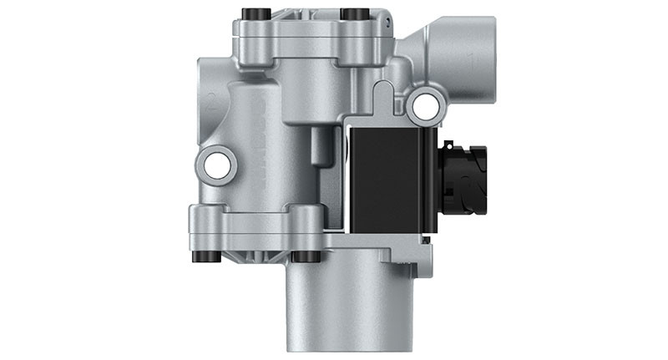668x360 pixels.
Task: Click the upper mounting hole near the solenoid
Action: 426,103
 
